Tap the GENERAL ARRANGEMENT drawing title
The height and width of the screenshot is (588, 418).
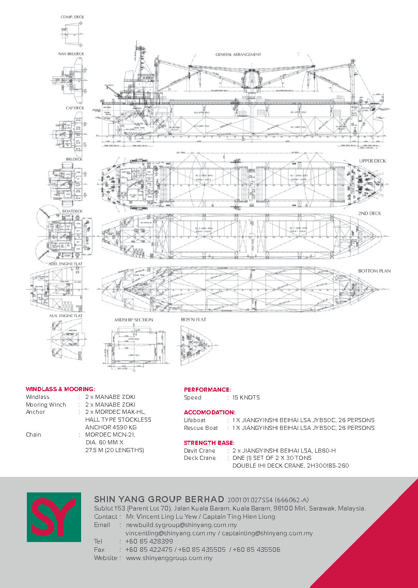point(238,54)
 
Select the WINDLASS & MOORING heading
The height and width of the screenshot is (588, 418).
point(60,389)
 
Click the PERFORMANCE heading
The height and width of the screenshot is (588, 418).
point(207,389)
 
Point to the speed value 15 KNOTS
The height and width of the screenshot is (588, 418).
point(246,397)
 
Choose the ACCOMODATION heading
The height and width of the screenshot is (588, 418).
point(209,412)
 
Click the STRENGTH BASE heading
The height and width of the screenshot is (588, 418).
point(209,443)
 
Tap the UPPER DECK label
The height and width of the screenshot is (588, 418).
point(373,161)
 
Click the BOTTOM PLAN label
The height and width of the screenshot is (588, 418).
point(374,271)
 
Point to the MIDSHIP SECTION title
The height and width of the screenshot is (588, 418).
point(133,320)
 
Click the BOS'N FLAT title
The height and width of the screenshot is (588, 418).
point(194,320)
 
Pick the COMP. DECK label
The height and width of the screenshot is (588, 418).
point(72,17)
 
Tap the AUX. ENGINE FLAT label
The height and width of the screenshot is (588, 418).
point(66,315)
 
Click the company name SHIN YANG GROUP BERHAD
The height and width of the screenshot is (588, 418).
point(159,499)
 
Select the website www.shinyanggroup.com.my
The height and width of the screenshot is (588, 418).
point(169,558)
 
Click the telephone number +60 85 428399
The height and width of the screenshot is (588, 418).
point(149,541)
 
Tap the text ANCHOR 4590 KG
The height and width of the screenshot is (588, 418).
point(111,427)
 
